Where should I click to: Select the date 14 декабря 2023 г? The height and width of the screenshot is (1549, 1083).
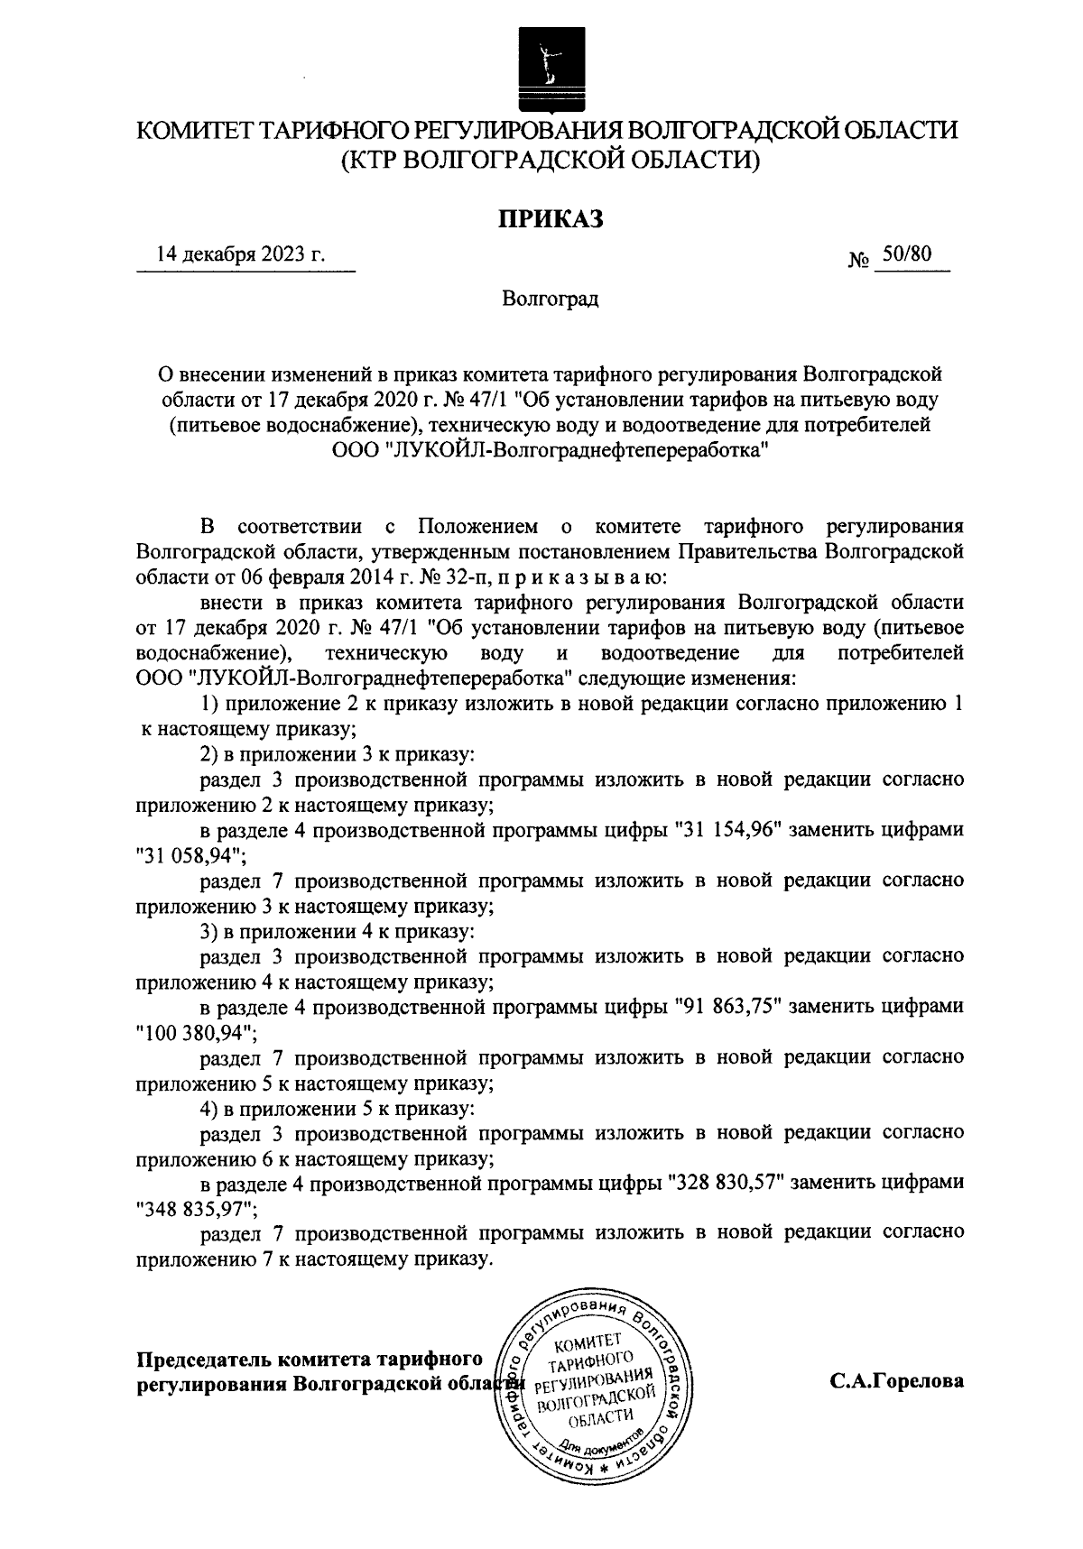240,254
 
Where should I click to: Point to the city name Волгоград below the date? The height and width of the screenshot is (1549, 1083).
551,298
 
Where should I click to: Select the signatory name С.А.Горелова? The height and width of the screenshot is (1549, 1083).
897,1380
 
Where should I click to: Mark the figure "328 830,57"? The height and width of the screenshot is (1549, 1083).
724,1183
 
